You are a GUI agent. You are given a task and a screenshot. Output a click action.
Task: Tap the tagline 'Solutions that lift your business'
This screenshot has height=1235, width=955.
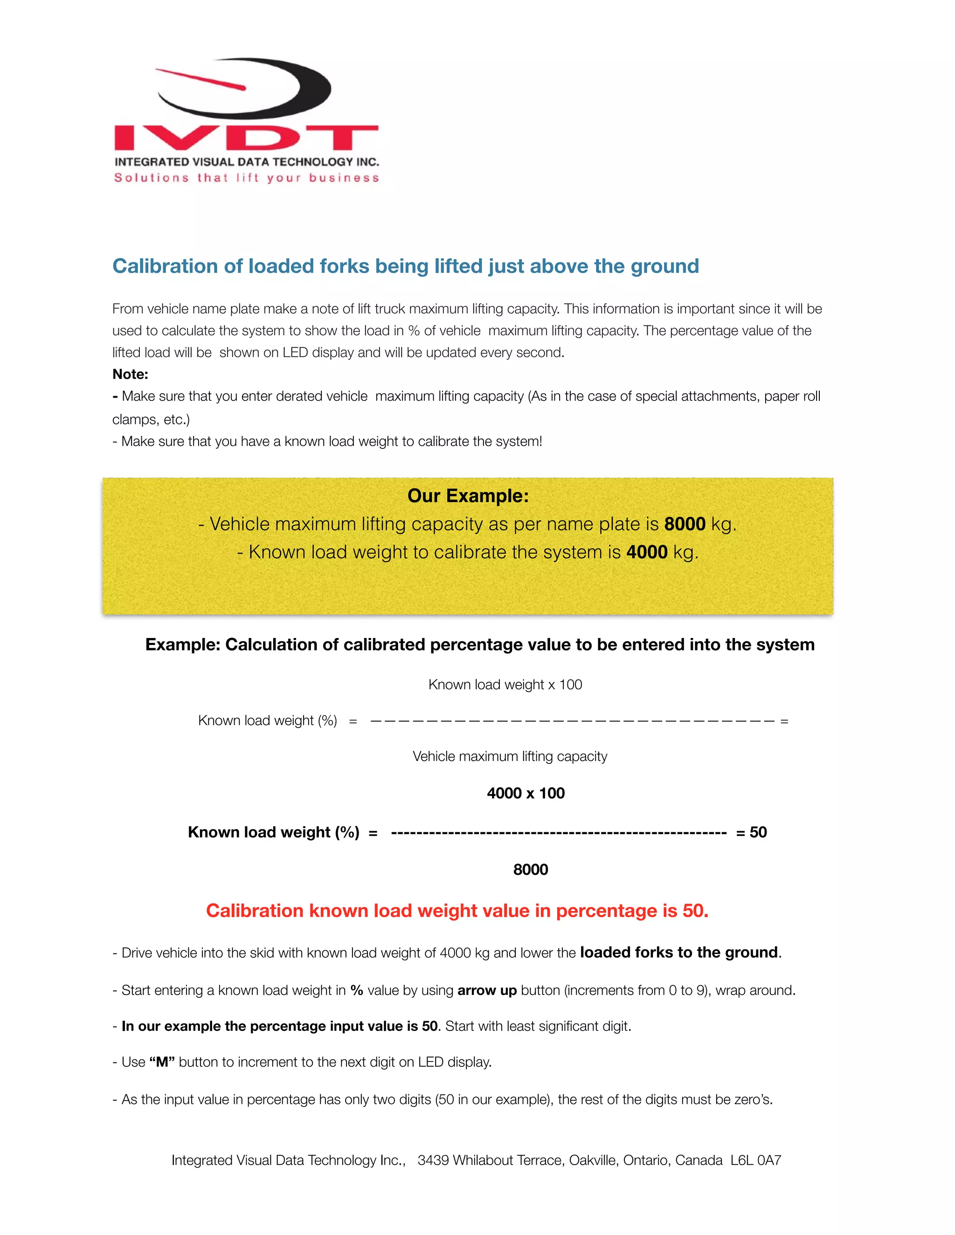coord(246,178)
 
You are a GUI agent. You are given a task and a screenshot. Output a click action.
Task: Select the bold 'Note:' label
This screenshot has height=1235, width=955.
coord(130,374)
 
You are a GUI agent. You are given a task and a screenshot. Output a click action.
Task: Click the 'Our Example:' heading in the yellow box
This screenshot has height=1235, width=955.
coord(468,496)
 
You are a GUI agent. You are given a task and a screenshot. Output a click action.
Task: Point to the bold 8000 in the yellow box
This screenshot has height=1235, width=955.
coord(685,524)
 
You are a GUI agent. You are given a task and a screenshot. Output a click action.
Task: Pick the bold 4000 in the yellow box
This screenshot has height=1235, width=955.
coord(647,552)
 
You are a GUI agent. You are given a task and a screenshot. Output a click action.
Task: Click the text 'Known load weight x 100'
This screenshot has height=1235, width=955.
coord(505,685)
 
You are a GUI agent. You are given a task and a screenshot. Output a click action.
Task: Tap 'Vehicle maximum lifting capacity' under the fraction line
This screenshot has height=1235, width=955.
coord(510,756)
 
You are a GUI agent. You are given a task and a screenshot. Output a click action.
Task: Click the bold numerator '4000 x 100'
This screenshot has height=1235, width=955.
coord(526,793)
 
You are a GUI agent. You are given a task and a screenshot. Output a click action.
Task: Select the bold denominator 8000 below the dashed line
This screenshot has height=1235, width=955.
coord(530,870)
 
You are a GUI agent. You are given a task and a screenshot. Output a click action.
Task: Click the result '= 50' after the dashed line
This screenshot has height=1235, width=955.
coord(751,832)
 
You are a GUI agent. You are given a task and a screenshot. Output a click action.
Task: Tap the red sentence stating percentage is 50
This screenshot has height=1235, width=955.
coord(457,911)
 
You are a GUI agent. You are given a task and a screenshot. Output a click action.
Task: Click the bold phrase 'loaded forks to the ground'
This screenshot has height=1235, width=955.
coord(679,953)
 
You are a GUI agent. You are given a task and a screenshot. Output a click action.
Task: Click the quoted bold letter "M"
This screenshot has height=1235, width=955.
coord(162,1063)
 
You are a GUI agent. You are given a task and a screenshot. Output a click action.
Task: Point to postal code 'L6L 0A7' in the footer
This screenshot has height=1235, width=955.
coord(755,1160)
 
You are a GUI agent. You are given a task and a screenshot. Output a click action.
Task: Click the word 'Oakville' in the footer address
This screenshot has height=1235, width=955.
coord(593,1160)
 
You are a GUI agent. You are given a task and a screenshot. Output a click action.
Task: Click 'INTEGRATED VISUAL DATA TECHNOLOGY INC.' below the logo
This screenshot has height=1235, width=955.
coord(247,162)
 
